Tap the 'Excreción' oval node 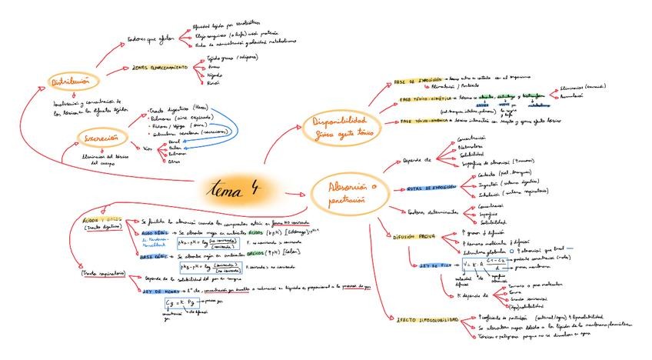(x=101, y=138)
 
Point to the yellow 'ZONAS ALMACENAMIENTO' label (x=160, y=68)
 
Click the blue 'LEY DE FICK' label (x=434, y=265)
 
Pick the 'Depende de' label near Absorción (x=418, y=160)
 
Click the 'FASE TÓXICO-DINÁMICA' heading (x=421, y=122)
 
